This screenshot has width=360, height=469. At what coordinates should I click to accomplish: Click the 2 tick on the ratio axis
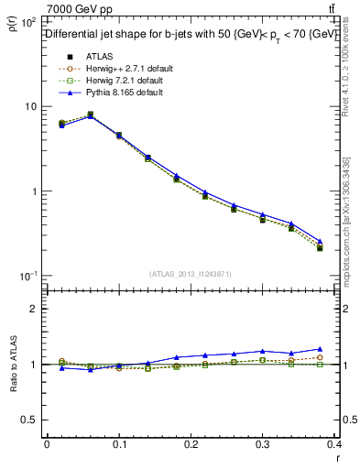(35, 309)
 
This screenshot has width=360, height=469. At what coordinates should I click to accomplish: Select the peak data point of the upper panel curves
(90, 115)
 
